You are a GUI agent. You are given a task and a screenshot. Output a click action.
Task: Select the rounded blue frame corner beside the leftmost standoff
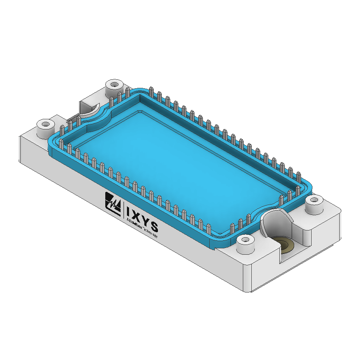pos(54,144)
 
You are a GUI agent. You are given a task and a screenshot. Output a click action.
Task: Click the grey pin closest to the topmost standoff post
pos(120,96)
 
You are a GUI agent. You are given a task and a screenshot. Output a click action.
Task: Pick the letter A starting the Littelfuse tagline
pos(128,220)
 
